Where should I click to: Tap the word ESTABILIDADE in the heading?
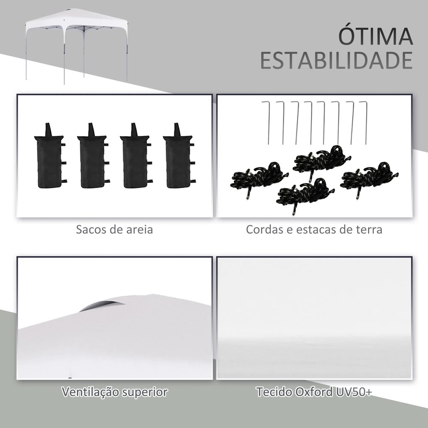tap(336, 61)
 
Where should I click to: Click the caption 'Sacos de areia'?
tap(115, 230)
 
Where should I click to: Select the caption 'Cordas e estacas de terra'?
tap(314, 230)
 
